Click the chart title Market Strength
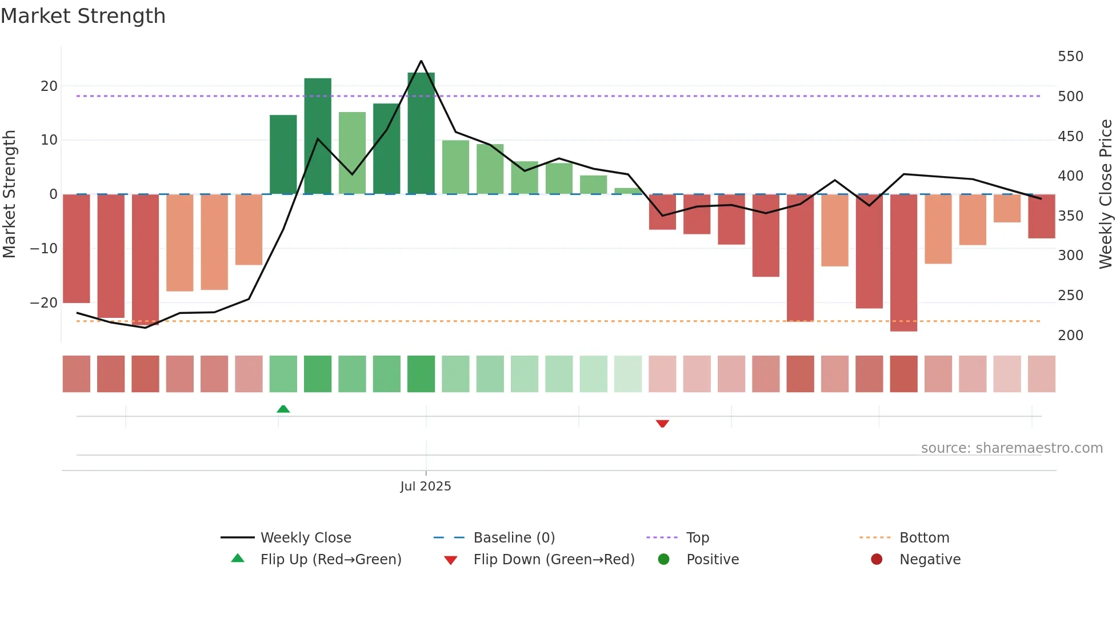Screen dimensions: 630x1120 [83, 16]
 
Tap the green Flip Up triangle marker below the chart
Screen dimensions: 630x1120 [283, 409]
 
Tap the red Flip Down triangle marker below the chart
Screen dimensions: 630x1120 [662, 424]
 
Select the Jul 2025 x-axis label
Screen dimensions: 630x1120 [426, 486]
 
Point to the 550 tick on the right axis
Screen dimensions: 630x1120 [1070, 57]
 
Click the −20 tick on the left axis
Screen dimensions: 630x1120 [45, 303]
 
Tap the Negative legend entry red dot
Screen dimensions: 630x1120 [877, 559]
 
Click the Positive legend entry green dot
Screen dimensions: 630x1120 [663, 559]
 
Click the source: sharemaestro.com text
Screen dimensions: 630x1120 [1011, 448]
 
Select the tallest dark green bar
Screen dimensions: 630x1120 [421, 133]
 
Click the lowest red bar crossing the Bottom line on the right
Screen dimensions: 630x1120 [903, 263]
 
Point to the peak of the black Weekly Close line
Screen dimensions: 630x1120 [421, 61]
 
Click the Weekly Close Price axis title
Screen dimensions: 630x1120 [1106, 194]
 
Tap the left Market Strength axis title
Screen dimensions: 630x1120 [10, 194]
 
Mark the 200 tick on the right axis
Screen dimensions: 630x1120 [1070, 336]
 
